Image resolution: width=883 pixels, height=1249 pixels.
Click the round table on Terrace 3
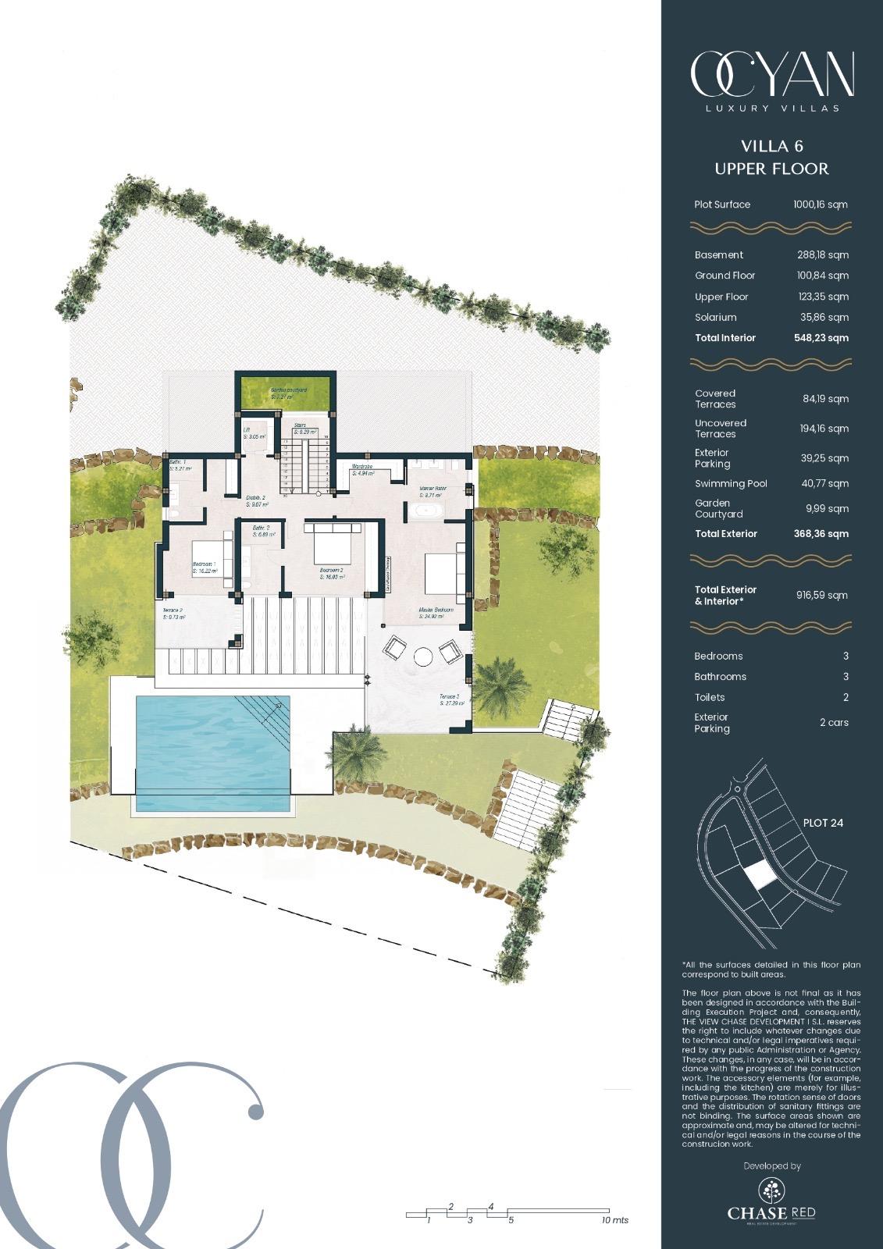pyautogui.click(x=423, y=657)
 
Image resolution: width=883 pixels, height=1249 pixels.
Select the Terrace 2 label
pyautogui.click(x=172, y=613)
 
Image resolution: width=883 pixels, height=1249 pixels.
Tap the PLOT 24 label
pyautogui.click(x=823, y=823)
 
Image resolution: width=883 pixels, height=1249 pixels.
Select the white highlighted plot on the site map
pyautogui.click(x=759, y=876)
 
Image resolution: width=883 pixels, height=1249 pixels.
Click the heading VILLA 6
pyautogui.click(x=771, y=146)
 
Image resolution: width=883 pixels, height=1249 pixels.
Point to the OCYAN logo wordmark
pyautogui.click(x=771, y=76)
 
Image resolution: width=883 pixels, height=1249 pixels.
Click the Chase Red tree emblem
pyautogui.click(x=771, y=1190)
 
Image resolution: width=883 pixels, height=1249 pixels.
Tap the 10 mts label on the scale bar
pyautogui.click(x=614, y=1220)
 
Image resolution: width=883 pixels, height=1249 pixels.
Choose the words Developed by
pyautogui.click(x=771, y=1166)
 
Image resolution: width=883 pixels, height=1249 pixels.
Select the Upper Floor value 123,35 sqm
pyautogui.click(x=817, y=297)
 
